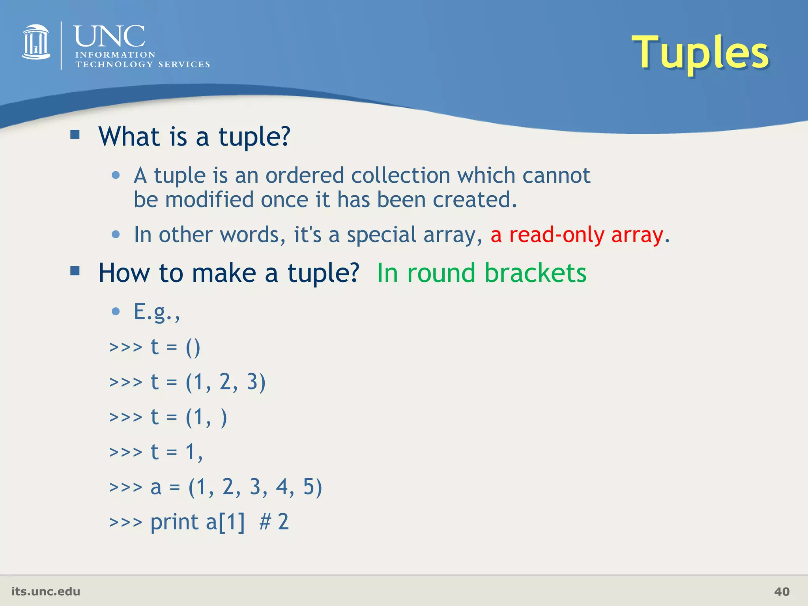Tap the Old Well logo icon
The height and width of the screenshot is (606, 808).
pyautogui.click(x=36, y=42)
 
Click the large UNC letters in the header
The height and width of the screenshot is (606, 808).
pyautogui.click(x=109, y=36)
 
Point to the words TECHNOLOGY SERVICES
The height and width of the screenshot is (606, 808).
pyautogui.click(x=142, y=64)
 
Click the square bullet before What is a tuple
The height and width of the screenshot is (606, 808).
pyautogui.click(x=75, y=135)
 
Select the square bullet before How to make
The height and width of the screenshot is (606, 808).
pyautogui.click(x=75, y=271)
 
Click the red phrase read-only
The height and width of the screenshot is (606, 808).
pyautogui.click(x=556, y=235)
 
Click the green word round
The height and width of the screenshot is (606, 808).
pyautogui.click(x=441, y=273)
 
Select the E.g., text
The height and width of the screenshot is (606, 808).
pyautogui.click(x=157, y=312)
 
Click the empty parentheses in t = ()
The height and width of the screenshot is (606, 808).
pyautogui.click(x=193, y=348)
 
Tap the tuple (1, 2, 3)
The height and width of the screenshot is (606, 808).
pyautogui.click(x=226, y=382)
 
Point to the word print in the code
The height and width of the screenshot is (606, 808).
pyautogui.click(x=174, y=522)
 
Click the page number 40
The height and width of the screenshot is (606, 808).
pyautogui.click(x=782, y=591)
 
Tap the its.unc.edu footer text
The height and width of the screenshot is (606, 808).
pyautogui.click(x=46, y=591)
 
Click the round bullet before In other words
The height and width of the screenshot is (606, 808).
pyautogui.click(x=116, y=234)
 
